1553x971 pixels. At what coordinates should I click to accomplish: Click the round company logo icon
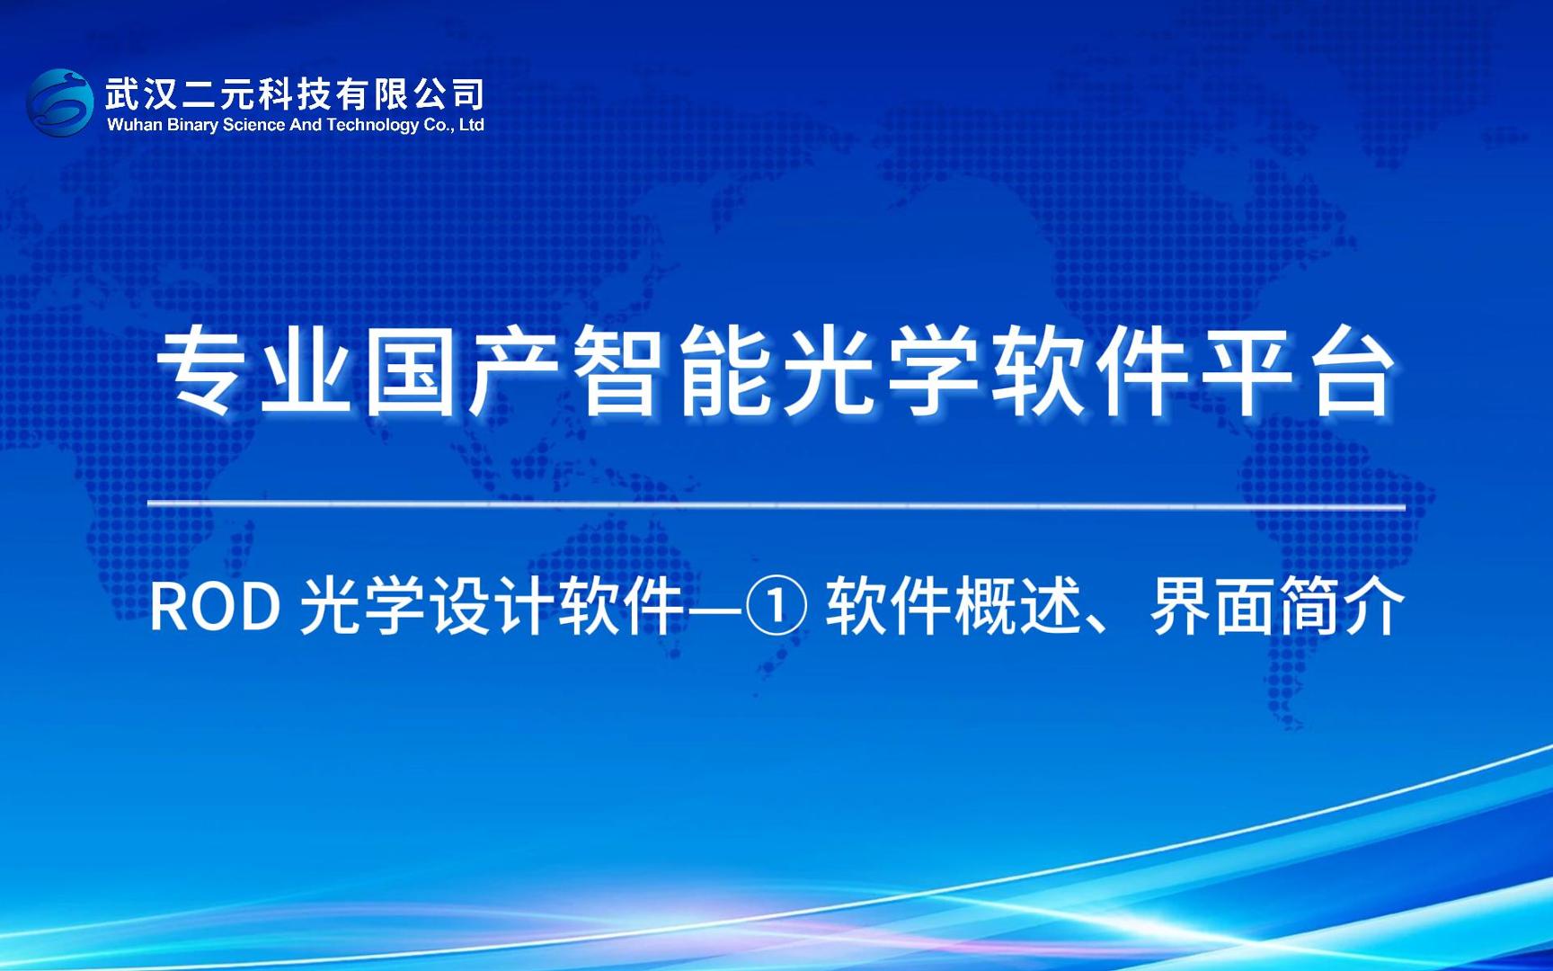pos(60,103)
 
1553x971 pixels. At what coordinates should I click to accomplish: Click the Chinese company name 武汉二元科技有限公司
pos(295,94)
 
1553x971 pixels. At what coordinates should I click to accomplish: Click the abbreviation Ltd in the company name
pos(472,126)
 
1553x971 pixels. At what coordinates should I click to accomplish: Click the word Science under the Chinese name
pos(253,126)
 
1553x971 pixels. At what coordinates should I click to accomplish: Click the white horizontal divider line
pos(776,505)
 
